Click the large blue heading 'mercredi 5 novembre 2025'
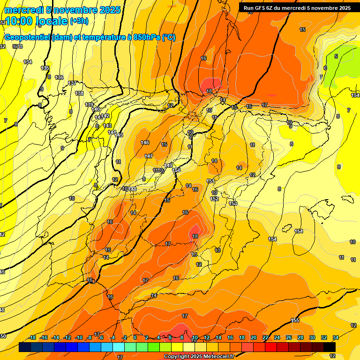tap(62, 10)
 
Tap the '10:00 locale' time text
tap(37, 21)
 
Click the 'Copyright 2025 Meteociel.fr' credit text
tap(198, 356)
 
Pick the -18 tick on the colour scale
tap(32, 337)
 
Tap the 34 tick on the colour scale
tap(336, 337)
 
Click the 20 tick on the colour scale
tap(254, 337)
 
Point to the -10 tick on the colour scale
tap(79, 337)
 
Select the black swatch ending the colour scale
tap(330, 347)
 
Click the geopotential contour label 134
tap(28, 62)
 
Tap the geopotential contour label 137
tap(72, 83)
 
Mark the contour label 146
tap(145, 142)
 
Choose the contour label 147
tap(149, 156)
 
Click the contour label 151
tap(210, 181)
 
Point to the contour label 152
tap(215, 199)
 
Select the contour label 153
tap(233, 203)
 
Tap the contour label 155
tap(295, 320)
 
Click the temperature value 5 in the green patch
tap(336, 56)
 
